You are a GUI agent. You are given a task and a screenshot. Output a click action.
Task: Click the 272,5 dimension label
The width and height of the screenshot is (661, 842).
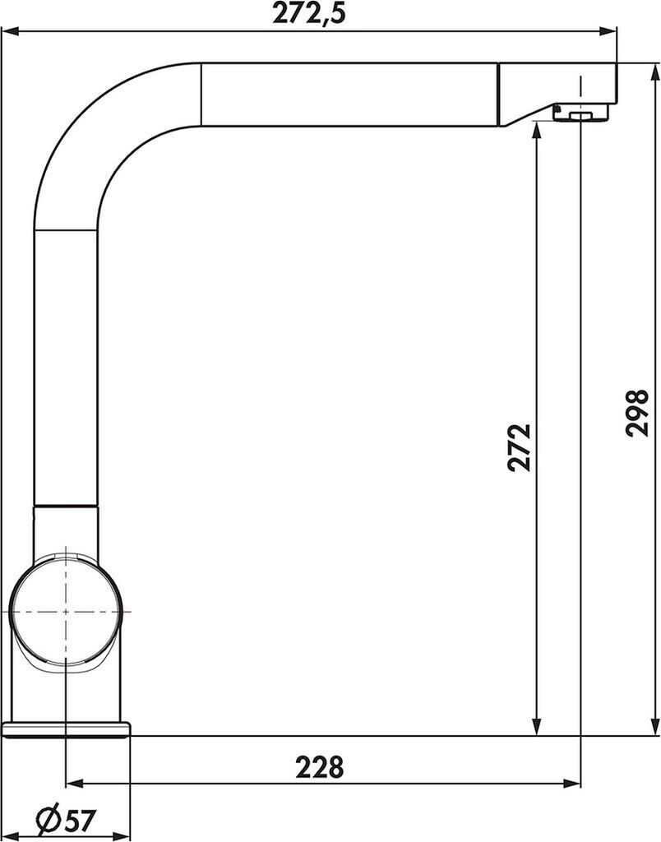coord(309,13)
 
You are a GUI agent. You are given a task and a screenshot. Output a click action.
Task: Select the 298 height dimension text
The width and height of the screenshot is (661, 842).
coord(637,412)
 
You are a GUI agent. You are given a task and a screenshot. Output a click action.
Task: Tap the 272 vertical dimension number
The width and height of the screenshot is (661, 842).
coord(520,448)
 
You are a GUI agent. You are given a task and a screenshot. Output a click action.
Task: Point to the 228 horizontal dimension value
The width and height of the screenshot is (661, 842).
coord(319,767)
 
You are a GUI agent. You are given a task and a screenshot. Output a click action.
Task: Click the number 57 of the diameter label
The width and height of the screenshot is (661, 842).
coord(79,820)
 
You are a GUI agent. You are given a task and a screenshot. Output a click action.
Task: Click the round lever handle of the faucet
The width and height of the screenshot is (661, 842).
coord(66,611)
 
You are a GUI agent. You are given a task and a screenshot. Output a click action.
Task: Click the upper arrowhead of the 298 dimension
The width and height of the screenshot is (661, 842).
coord(654,73)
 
